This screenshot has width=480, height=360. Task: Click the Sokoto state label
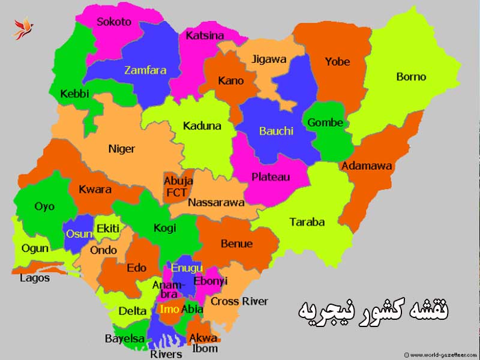coord(114,22)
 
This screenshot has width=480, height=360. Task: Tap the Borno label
coord(411,77)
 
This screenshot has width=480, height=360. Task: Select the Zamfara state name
coord(145,70)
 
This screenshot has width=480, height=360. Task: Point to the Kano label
coord(231,80)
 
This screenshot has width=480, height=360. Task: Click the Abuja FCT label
coord(178,187)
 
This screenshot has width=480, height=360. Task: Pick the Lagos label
coord(35,278)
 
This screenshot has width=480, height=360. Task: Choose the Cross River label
coord(239,301)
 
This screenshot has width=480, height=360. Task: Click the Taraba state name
coord(307,222)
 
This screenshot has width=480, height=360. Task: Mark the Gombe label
coord(325,123)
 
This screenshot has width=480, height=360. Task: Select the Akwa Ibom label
coord(203,343)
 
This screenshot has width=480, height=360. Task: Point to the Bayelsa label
coord(125,339)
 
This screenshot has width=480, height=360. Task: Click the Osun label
coord(78,233)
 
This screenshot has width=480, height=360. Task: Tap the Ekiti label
coord(108,228)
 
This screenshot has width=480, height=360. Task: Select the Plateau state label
coord(271,177)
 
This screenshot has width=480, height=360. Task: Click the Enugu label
coord(187,268)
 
